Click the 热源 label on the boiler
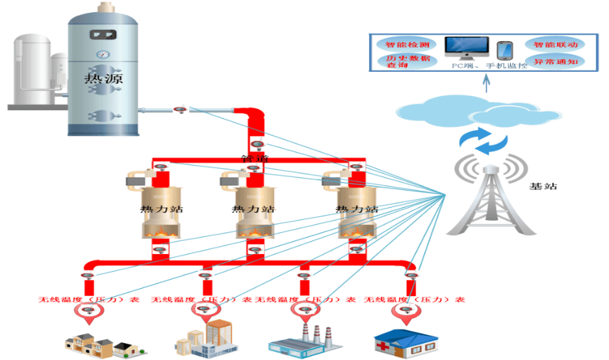point(103,79)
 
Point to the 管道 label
point(256,159)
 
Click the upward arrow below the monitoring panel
point(486,85)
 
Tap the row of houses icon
point(100,345)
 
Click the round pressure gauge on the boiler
point(103,53)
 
